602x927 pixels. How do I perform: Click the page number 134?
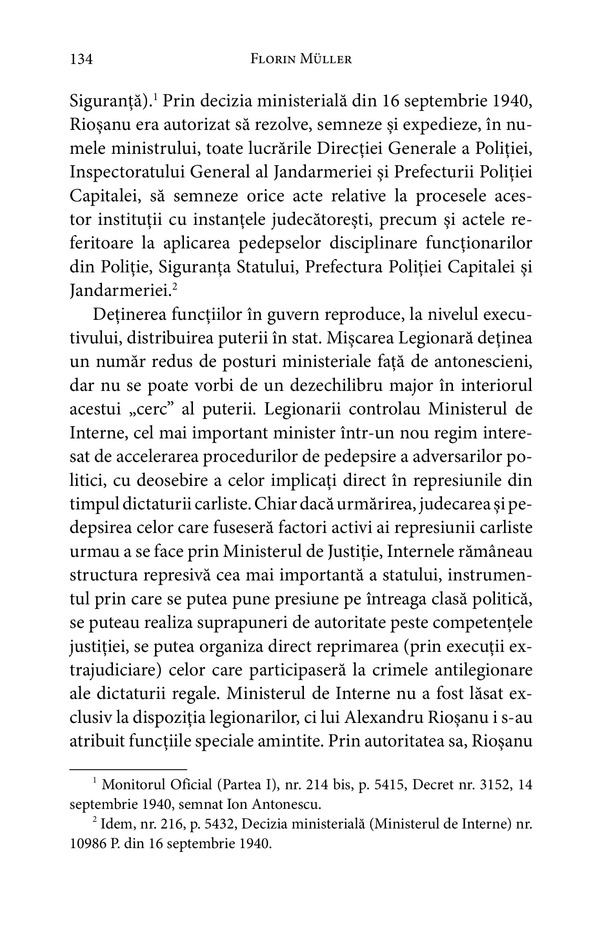81,59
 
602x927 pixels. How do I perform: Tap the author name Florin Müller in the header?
301,59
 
